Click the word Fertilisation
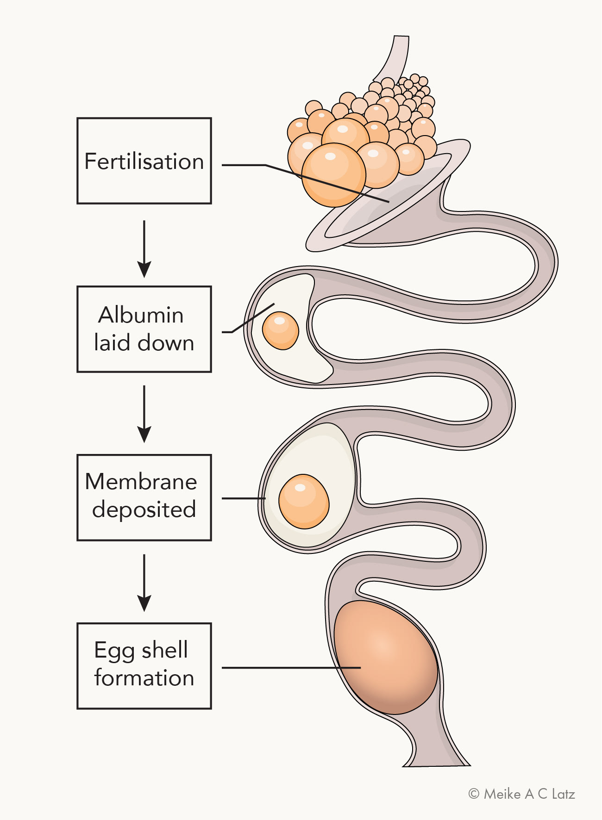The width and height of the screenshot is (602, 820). click(x=144, y=162)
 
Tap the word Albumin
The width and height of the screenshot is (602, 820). click(x=141, y=315)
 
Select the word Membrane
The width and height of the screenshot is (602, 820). click(x=141, y=482)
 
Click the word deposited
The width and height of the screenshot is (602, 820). click(x=144, y=510)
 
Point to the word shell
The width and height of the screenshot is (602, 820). click(x=164, y=650)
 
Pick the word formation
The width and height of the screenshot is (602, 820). click(x=144, y=678)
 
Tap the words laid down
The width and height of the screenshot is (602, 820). click(x=144, y=343)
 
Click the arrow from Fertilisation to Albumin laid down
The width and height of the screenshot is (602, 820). click(x=144, y=249)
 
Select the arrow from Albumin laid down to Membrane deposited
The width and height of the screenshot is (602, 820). click(x=144, y=414)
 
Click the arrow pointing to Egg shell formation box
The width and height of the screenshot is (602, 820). click(x=144, y=583)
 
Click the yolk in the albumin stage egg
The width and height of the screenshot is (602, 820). click(x=280, y=330)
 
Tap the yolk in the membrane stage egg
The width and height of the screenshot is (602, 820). click(x=304, y=502)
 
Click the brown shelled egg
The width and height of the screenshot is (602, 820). click(x=385, y=657)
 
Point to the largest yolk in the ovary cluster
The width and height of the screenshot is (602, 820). click(x=333, y=175)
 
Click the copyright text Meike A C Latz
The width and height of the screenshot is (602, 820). click(x=522, y=794)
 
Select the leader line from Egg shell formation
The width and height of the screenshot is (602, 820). click(x=291, y=668)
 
